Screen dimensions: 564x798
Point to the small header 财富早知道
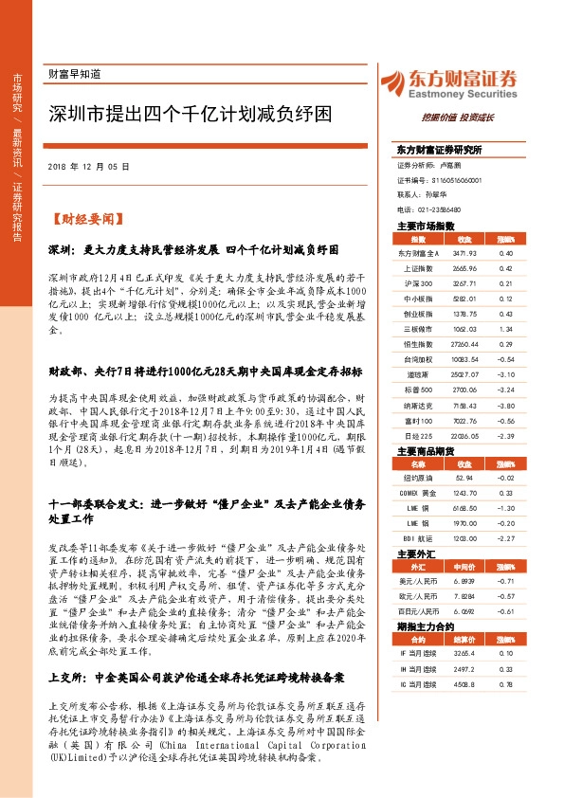[x=73, y=73]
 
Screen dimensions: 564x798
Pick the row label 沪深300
[x=418, y=282]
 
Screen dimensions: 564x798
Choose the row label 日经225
[x=418, y=435]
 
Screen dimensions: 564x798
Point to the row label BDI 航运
[x=418, y=538]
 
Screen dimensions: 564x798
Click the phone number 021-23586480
[x=442, y=209]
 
